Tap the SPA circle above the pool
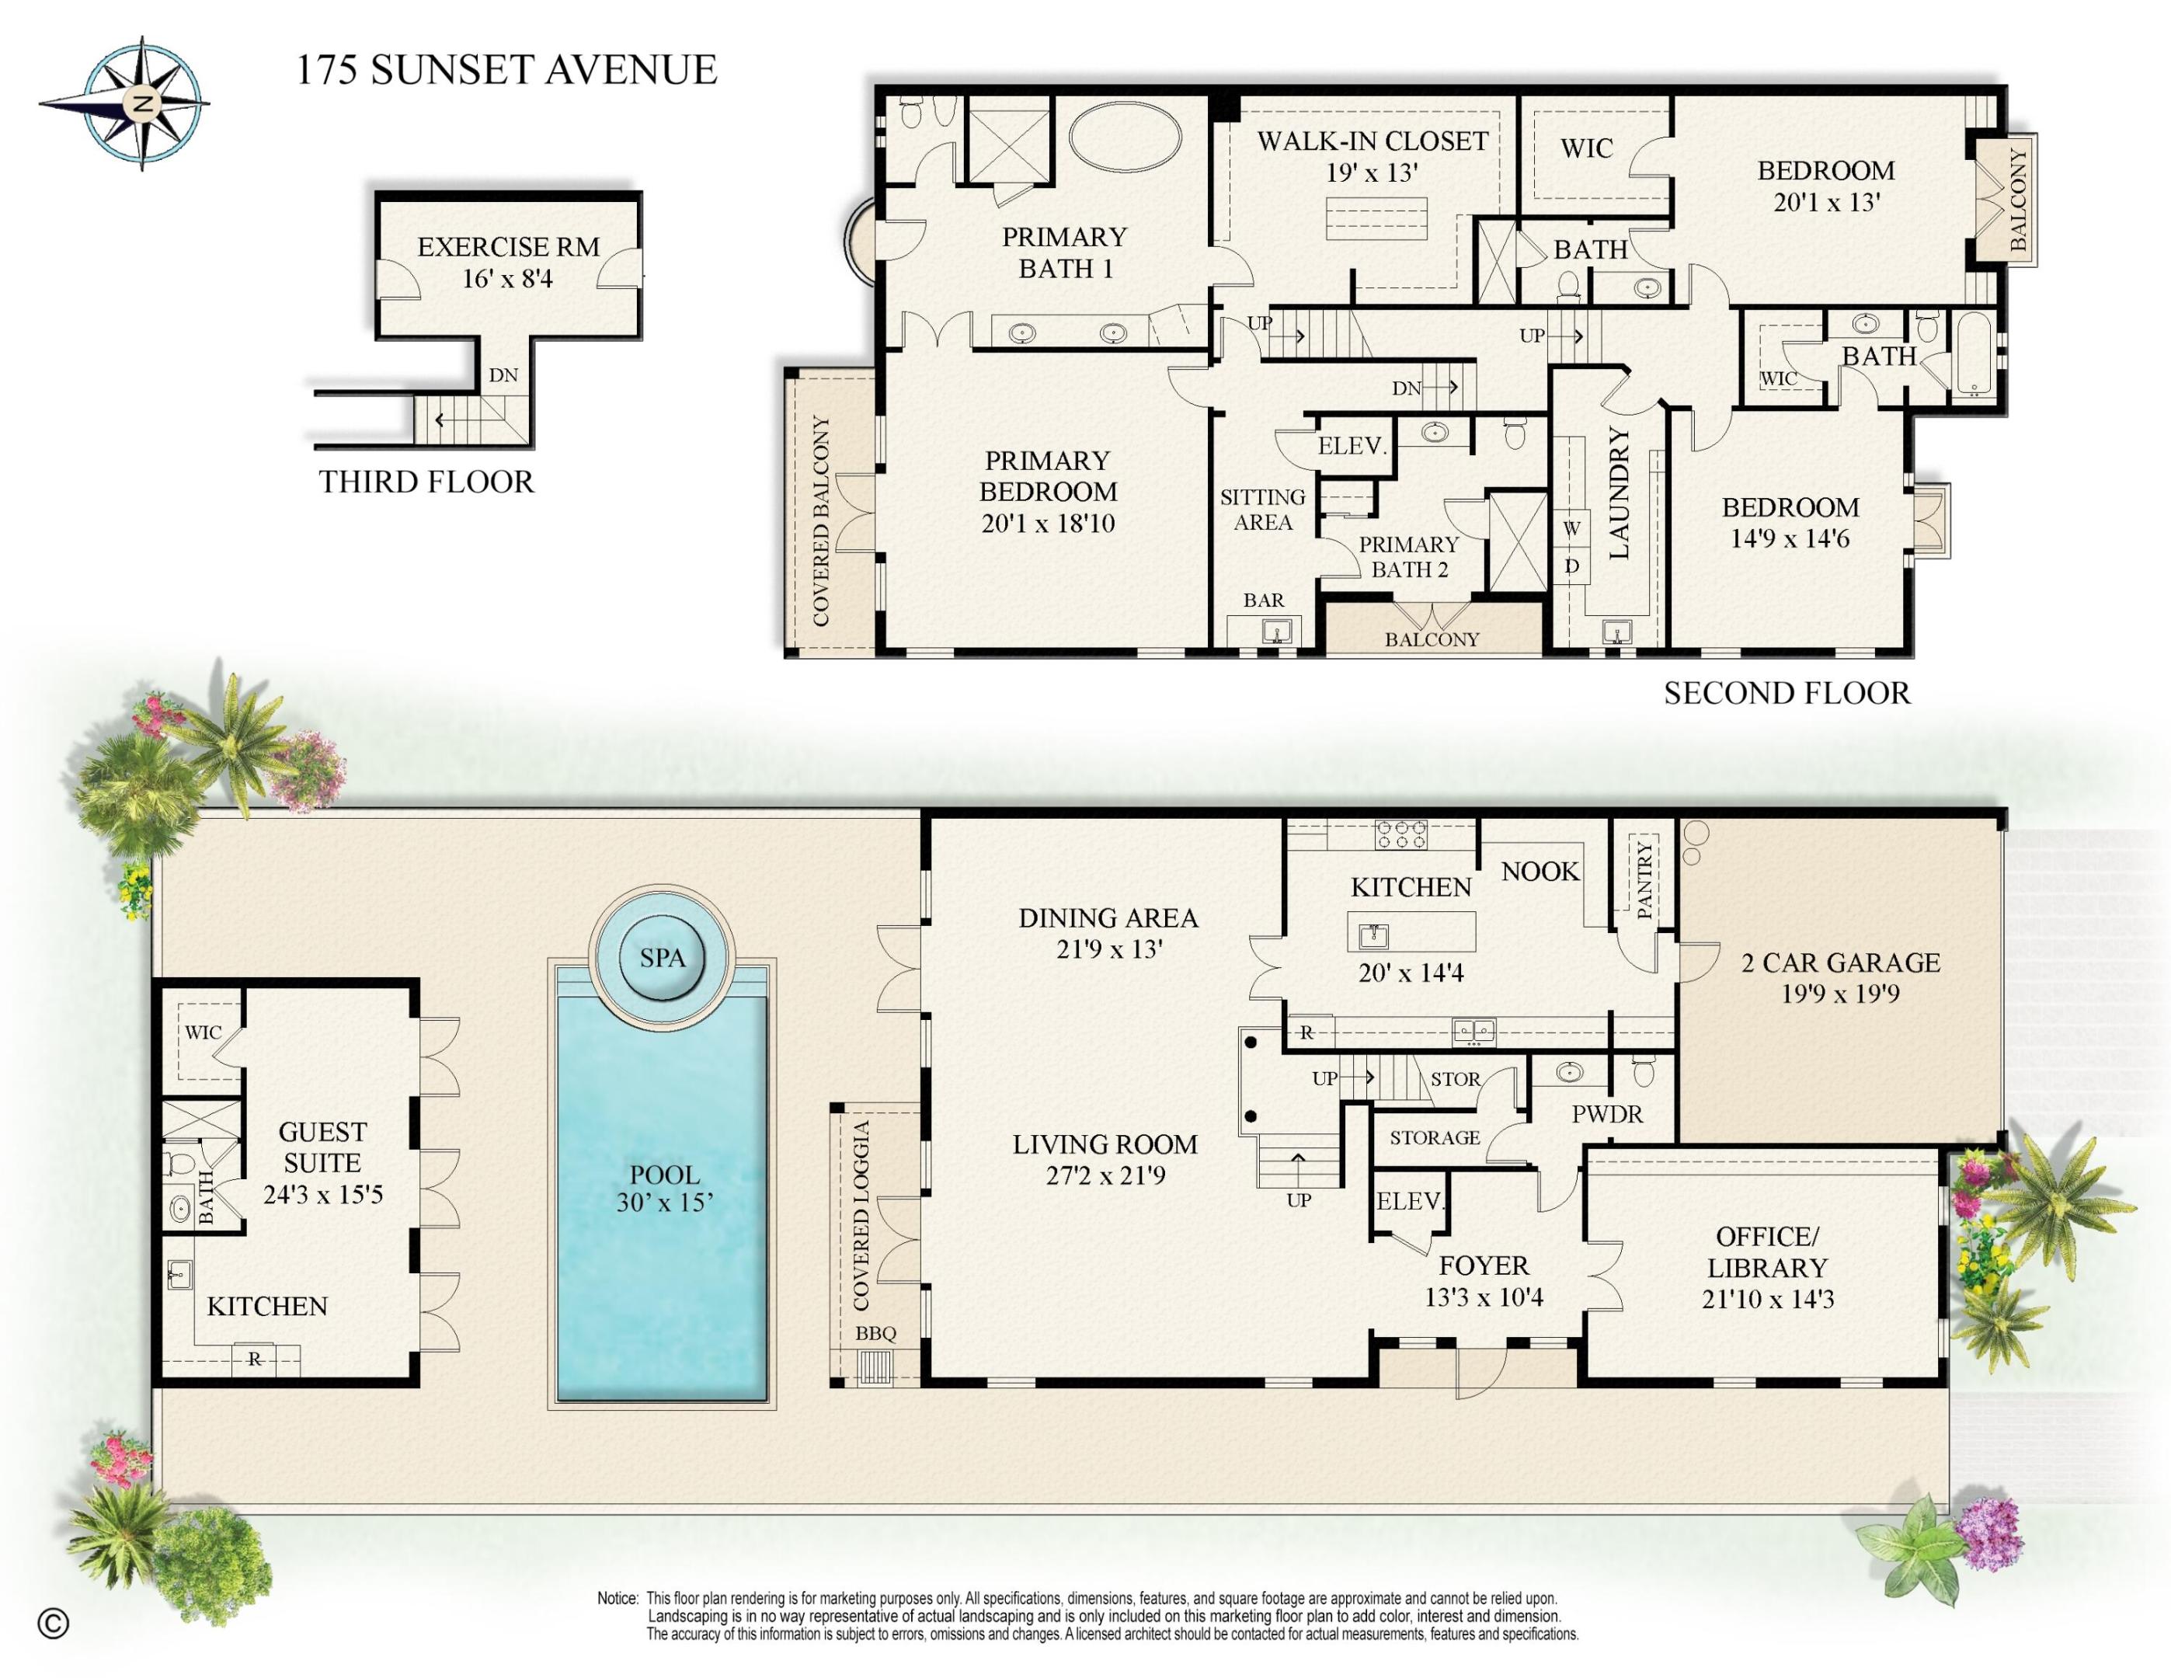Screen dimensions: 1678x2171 (x=662, y=957)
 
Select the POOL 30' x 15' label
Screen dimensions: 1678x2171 (x=664, y=1188)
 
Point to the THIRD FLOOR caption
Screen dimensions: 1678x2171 (x=426, y=482)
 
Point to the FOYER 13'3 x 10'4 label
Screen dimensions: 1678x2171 (x=1483, y=1280)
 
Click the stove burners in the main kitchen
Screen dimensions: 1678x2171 (x=1400, y=833)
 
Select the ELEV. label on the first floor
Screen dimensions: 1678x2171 (x=1407, y=1201)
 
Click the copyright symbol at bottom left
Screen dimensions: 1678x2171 (x=54, y=1624)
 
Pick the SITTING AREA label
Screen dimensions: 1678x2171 (x=1262, y=509)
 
